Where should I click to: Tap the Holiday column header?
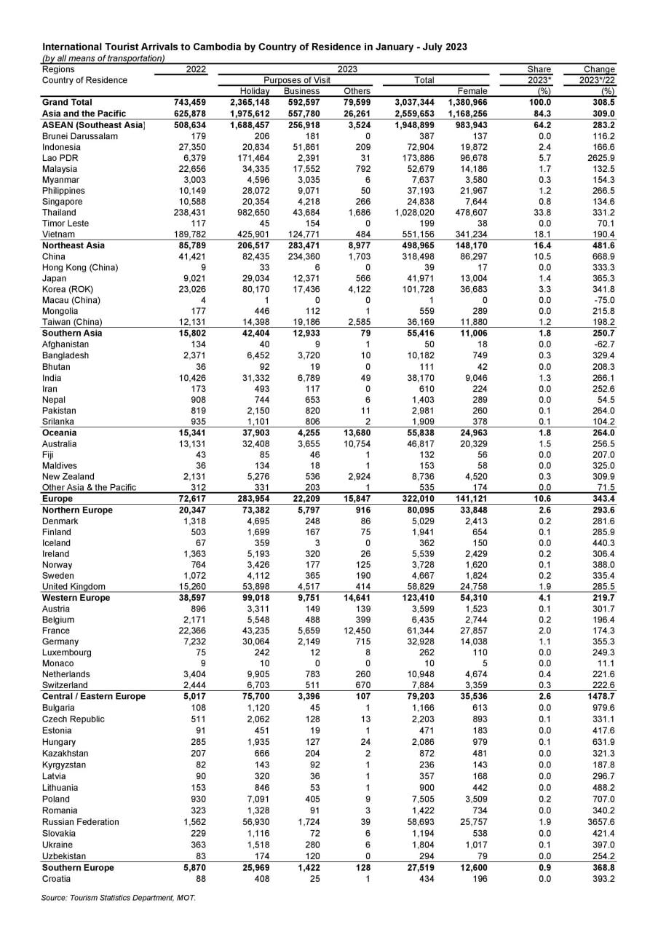(x=255, y=91)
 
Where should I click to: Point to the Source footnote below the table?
(x=119, y=898)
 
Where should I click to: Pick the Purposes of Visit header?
(x=297, y=80)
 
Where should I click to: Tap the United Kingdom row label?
(x=74, y=587)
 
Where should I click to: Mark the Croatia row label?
(x=57, y=879)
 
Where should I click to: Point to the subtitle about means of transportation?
(x=103, y=58)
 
